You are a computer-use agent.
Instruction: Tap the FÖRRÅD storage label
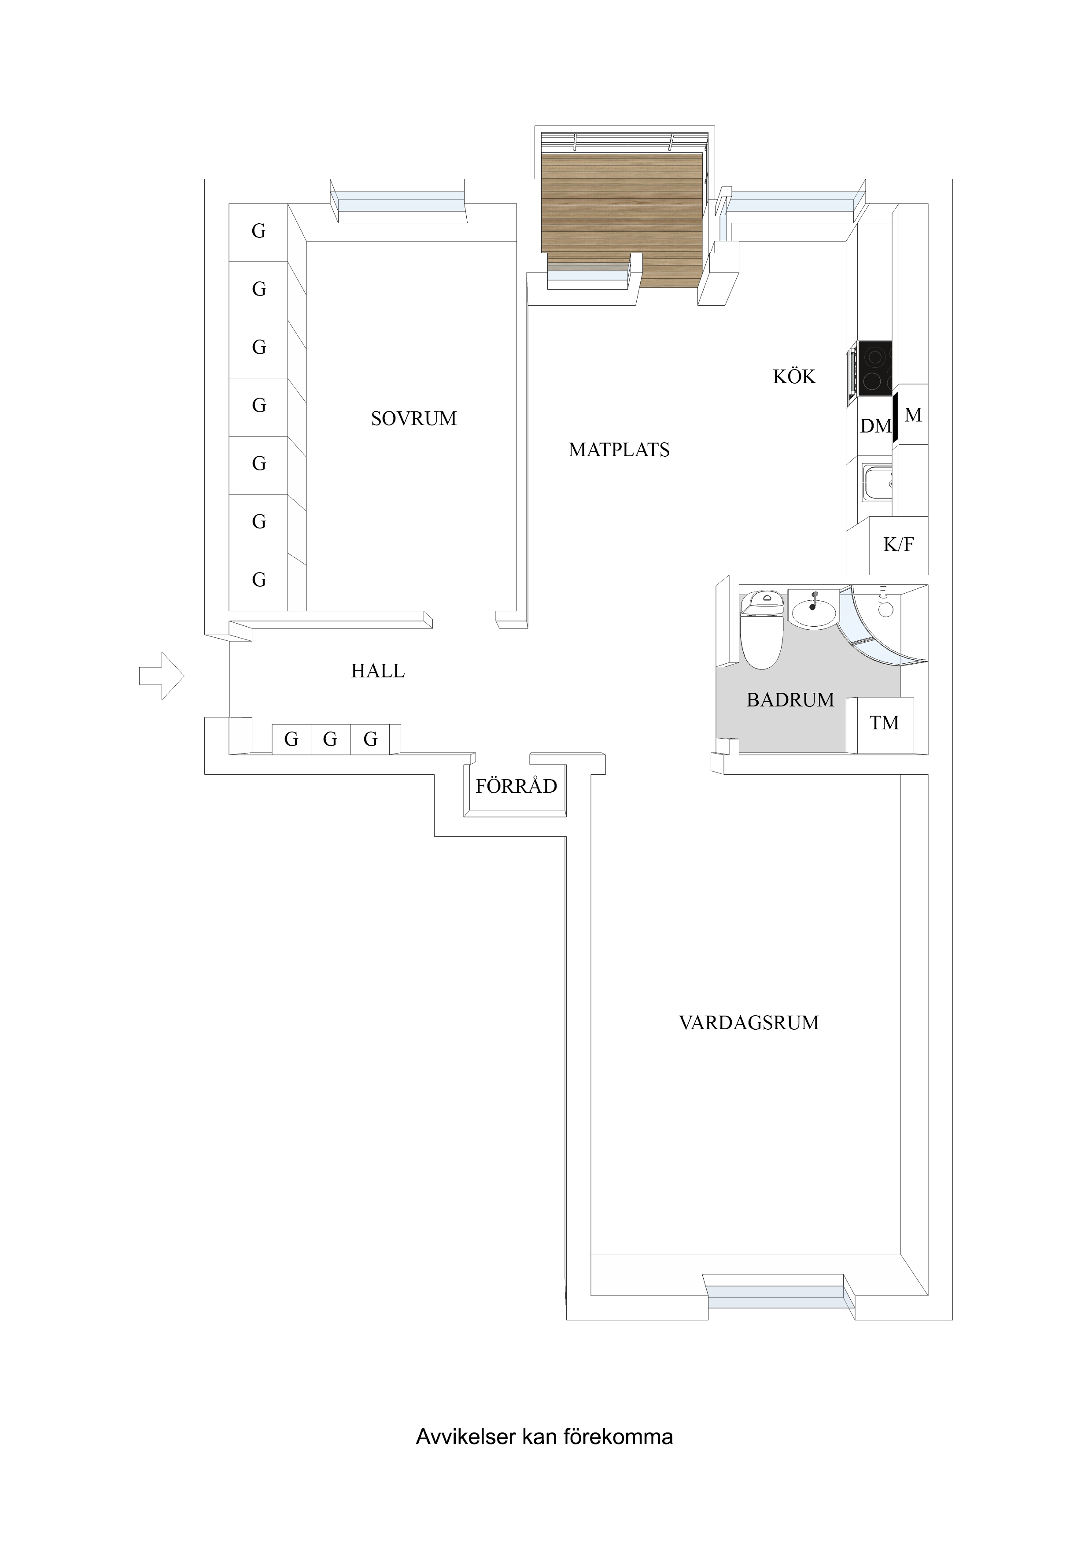pos(516,786)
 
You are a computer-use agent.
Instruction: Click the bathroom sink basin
pos(814,612)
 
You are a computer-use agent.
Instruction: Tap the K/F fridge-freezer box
pos(898,545)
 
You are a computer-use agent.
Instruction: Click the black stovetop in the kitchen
pos(874,369)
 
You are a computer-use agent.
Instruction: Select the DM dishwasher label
pos(875,426)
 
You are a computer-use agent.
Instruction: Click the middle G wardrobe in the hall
pos(330,739)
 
